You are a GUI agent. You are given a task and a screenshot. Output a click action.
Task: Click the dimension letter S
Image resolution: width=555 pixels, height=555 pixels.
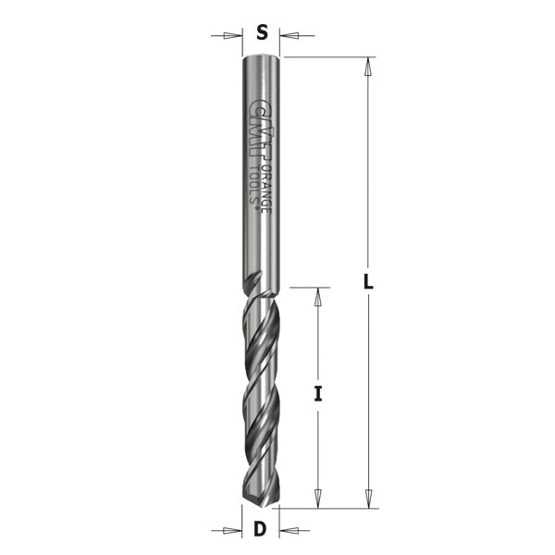262,34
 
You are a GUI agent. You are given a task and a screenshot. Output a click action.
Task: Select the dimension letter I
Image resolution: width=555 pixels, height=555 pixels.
317,394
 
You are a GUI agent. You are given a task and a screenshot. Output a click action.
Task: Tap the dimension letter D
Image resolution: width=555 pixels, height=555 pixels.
261,530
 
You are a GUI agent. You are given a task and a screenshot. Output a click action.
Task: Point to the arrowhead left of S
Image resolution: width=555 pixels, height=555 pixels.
234,37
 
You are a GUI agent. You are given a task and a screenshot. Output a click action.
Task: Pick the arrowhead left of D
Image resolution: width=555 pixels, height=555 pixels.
234,531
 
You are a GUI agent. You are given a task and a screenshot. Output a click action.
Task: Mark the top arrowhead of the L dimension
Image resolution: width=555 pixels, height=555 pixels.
368,66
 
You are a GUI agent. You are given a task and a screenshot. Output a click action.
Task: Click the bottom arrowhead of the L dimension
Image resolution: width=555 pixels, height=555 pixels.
368,499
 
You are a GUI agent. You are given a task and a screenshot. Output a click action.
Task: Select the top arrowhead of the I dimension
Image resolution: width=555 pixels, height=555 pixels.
317,295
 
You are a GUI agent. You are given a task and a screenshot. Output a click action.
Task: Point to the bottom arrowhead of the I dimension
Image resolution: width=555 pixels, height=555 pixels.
317,499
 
